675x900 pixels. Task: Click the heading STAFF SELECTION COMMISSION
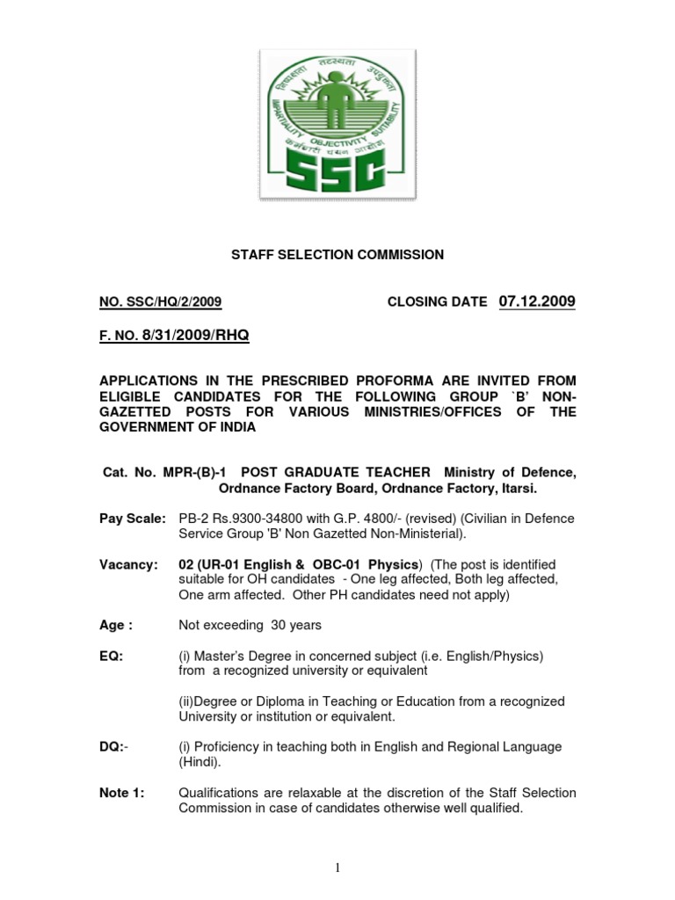pos(337,255)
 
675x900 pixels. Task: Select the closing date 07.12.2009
pos(537,301)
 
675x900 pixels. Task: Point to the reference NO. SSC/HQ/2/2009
pos(160,302)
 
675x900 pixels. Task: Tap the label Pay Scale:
pos(132,519)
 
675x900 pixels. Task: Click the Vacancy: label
pos(128,563)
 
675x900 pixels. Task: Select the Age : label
pos(116,625)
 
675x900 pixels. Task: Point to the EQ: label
pos(111,655)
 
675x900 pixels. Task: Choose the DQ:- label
pos(113,746)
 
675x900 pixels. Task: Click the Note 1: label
pos(121,793)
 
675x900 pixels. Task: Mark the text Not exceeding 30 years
pos(250,625)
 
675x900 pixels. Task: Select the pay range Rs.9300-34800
pos(249,519)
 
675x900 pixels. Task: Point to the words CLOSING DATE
pos(437,302)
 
